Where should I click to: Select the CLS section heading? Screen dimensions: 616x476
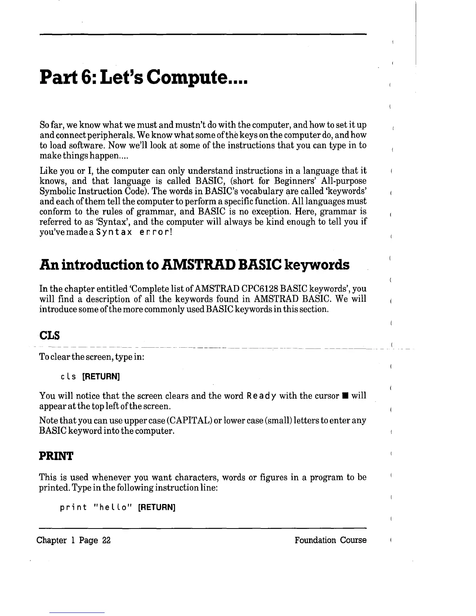point(48,335)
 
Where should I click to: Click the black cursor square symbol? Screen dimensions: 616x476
point(345,396)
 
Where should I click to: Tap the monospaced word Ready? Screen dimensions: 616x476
point(261,396)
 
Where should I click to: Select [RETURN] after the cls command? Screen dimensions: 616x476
point(100,376)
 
